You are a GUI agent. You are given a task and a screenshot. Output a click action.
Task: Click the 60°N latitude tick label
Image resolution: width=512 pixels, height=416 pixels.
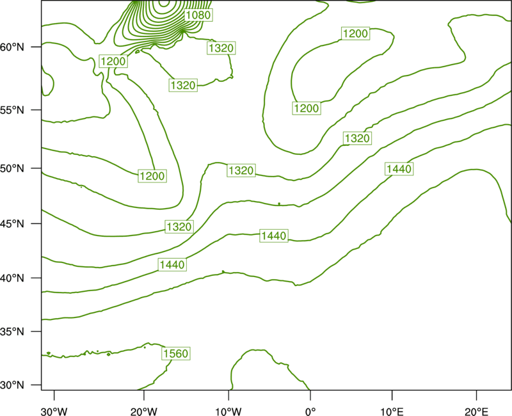[12, 47]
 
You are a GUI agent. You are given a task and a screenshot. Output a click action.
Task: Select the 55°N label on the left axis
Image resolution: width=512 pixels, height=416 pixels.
[12, 110]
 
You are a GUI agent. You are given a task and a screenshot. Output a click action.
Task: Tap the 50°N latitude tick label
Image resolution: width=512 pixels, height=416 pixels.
[12, 168]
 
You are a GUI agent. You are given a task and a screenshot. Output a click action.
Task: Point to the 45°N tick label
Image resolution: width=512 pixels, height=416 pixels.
[12, 224]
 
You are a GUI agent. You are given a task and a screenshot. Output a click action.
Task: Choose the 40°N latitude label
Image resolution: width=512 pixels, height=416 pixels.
[12, 278]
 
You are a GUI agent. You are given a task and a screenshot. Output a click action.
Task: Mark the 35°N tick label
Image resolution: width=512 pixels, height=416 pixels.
[12, 332]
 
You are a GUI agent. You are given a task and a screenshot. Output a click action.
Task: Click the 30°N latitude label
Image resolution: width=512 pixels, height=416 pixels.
[12, 385]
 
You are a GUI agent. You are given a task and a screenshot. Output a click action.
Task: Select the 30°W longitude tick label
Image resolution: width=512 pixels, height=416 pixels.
[54, 412]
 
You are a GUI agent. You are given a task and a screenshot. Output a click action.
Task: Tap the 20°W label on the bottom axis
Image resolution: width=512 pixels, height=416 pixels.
[144, 412]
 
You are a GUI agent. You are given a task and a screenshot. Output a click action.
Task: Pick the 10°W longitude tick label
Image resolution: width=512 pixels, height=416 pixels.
[228, 412]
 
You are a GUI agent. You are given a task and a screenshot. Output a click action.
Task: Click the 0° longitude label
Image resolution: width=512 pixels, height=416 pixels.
[310, 412]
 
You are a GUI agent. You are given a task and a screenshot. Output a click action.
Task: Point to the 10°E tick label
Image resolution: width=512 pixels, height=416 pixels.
[392, 412]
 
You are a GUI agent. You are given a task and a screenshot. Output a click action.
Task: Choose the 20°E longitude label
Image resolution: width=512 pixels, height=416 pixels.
[476, 412]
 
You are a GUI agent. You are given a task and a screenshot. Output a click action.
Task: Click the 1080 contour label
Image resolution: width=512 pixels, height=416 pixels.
[198, 15]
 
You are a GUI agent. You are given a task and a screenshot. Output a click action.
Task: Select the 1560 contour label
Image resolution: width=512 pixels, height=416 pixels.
[176, 354]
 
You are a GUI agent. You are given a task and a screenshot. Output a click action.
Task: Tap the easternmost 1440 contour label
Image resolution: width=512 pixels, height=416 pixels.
[399, 169]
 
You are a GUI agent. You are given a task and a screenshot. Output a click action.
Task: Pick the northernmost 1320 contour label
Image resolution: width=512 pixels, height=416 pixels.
[221, 49]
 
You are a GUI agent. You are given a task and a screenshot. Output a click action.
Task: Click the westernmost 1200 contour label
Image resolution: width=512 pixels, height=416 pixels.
[113, 61]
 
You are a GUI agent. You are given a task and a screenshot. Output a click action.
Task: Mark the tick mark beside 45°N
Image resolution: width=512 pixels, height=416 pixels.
[36, 223]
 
